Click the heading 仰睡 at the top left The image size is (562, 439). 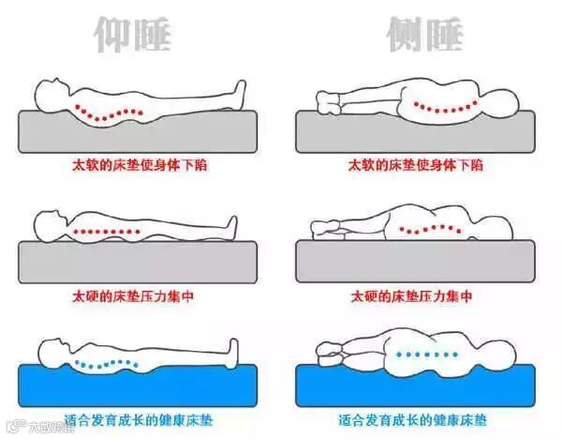132,34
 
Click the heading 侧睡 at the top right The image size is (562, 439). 425,34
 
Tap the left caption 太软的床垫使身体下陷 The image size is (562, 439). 140,165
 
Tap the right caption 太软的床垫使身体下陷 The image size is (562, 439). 416,165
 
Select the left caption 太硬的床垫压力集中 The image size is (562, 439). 133,296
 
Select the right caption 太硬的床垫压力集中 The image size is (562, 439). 411,296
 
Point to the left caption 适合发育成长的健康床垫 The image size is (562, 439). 139,420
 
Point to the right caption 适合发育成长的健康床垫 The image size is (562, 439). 413,420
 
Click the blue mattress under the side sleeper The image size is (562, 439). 415,389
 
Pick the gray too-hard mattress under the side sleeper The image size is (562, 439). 415,262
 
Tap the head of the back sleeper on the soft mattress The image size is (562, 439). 52,95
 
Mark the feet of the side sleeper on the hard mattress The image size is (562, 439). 325,230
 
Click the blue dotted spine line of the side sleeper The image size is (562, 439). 426,355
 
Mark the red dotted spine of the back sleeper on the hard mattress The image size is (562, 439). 107,232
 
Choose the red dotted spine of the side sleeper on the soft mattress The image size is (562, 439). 446,107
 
